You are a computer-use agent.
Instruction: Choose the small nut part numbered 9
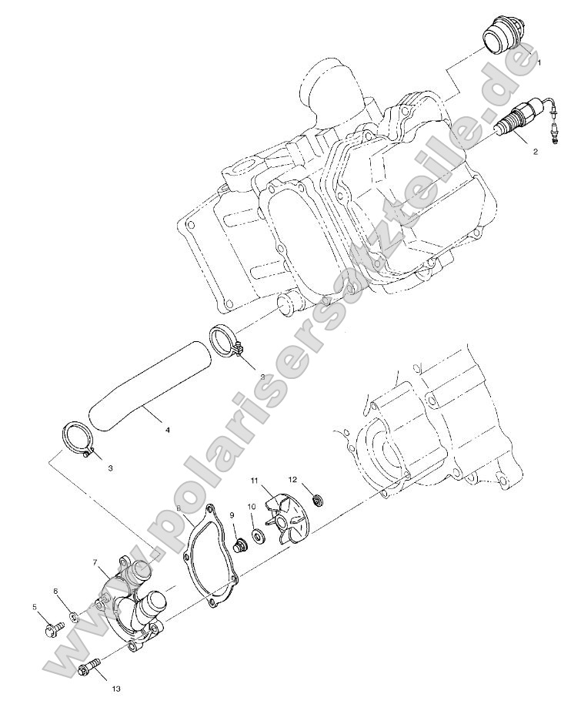240,544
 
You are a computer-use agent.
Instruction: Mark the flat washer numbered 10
256,531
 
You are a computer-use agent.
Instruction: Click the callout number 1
539,62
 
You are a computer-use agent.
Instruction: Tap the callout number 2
536,152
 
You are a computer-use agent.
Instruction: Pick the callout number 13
115,688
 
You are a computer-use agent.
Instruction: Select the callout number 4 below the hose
167,430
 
